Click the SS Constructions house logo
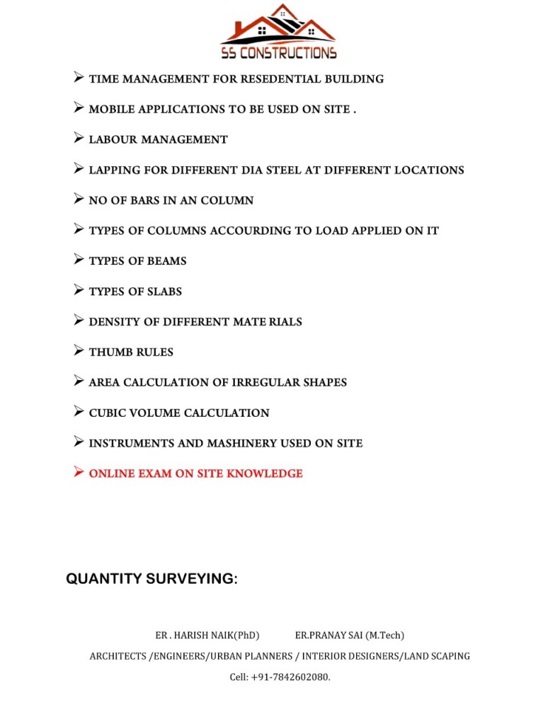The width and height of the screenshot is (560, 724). [x=278, y=32]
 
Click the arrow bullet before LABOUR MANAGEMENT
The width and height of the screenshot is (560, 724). [x=79, y=139]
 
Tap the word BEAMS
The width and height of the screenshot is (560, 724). [x=166, y=261]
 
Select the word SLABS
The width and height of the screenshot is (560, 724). [x=164, y=292]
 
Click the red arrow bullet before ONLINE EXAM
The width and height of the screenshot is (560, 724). [x=79, y=472]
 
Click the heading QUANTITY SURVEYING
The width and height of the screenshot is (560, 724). [x=152, y=579]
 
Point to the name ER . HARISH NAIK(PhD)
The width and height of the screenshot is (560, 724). [x=207, y=636]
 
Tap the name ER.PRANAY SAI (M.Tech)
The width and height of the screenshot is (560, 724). [x=350, y=636]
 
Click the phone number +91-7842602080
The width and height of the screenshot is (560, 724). [x=290, y=677]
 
